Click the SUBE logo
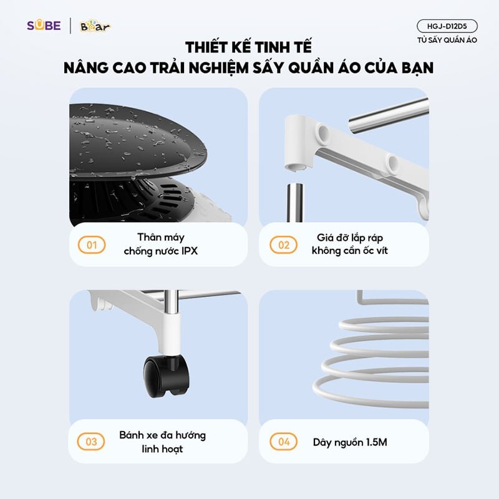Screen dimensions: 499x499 point(44,26)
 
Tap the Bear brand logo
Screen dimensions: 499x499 point(95,26)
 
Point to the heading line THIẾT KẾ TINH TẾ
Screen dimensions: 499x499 point(248,47)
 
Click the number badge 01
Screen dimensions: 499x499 point(91,245)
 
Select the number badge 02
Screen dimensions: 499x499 point(283,245)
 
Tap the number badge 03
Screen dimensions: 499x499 point(91,442)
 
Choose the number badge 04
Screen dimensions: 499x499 point(283,442)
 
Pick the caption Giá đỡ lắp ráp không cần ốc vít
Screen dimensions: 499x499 point(354,245)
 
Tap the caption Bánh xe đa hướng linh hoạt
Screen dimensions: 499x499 point(162,442)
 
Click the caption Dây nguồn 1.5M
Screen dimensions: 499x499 point(350,442)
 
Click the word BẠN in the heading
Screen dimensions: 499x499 point(414,67)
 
